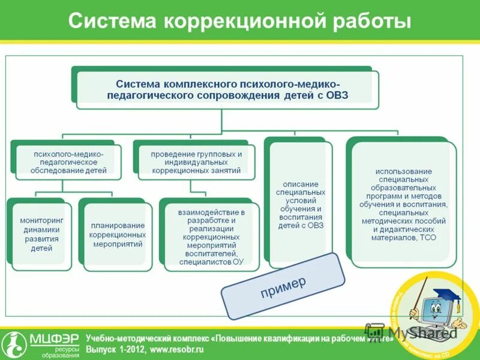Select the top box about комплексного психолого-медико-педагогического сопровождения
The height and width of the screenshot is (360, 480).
pos(227,88)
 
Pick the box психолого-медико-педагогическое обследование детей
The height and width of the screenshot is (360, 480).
pos(69,162)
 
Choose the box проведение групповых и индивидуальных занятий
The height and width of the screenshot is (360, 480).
pos(196,162)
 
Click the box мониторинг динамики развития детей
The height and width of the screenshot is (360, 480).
pos(37,234)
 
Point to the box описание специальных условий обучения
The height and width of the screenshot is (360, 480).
pos(301,205)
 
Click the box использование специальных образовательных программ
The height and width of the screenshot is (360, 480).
pos(403,205)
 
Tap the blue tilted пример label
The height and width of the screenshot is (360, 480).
pos(283,286)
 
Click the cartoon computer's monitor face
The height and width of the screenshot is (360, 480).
pos(436,314)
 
